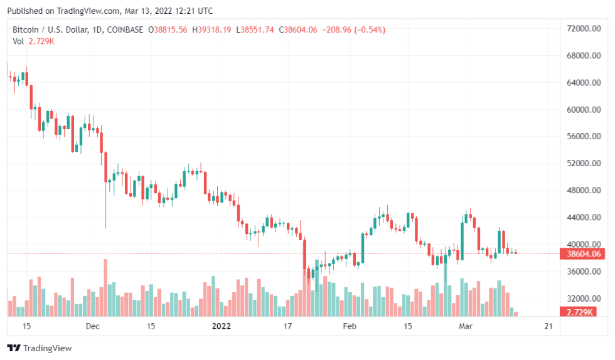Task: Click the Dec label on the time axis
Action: click(x=93, y=326)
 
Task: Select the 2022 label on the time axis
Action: click(x=222, y=326)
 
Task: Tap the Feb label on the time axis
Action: click(x=350, y=326)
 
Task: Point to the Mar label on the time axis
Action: click(x=465, y=326)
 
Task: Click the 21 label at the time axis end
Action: click(x=548, y=326)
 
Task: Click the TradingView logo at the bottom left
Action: click(x=40, y=348)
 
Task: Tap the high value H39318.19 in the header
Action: click(x=211, y=29)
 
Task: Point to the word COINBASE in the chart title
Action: click(x=125, y=29)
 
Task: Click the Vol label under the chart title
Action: click(x=18, y=41)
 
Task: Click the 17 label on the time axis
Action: click(x=288, y=326)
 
